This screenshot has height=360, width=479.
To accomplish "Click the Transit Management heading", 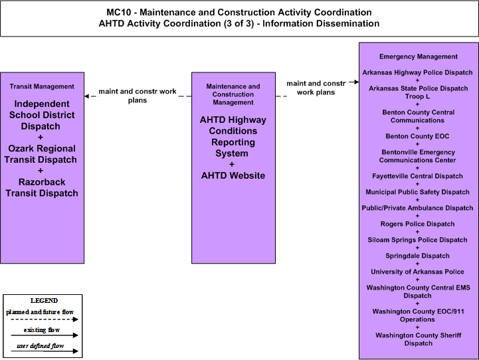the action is (42, 86).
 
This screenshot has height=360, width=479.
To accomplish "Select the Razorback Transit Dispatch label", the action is (42, 187).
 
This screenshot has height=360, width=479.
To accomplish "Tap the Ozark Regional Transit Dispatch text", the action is (41, 154).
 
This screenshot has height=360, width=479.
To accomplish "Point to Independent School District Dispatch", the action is (42, 115).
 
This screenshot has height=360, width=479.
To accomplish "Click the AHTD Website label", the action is (233, 175).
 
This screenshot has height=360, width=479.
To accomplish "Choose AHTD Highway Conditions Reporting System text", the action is (233, 136).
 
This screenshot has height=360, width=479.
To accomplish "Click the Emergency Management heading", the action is (419, 56).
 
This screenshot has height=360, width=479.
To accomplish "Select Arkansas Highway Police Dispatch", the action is (418, 72).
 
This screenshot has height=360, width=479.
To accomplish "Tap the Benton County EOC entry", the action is (418, 136).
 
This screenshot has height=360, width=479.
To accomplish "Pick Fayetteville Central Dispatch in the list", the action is (418, 176).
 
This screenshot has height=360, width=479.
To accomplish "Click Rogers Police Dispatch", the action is (418, 224).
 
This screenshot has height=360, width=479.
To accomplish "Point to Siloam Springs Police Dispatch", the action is (418, 240).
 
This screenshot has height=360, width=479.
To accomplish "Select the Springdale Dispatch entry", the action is (418, 256).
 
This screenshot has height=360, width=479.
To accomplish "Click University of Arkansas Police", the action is (418, 272).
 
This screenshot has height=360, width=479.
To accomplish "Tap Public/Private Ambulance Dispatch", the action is (418, 208).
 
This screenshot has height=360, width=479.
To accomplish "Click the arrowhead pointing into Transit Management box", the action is (87, 96).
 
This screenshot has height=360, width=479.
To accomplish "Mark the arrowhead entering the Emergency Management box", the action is (357, 82).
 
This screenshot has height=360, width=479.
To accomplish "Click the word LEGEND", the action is (44, 301).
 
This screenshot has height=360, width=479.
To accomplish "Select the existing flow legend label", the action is (42, 330).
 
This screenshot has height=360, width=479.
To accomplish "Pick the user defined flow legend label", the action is (41, 346).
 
